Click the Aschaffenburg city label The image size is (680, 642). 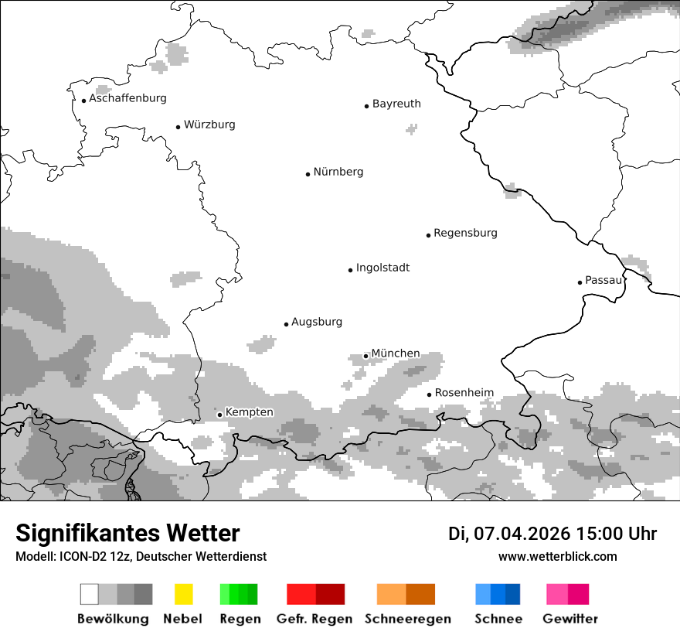(127, 98)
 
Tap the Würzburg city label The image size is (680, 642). (209, 125)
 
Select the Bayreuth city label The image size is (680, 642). (396, 104)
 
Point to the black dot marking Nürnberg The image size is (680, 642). (308, 174)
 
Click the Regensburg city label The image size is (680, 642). (465, 233)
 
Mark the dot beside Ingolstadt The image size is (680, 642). (350, 270)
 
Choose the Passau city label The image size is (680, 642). (603, 280)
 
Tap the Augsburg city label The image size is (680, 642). (317, 322)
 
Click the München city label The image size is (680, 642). (396, 353)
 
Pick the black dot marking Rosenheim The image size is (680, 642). (429, 394)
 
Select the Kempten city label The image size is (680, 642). (249, 412)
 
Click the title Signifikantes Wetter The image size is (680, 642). (127, 534)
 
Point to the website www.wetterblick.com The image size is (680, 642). (557, 556)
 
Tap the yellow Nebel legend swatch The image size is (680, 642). (183, 594)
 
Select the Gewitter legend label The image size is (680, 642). (569, 619)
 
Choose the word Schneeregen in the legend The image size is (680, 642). (408, 619)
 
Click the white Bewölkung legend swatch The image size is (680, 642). (90, 594)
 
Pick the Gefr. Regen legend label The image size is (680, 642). (314, 619)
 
